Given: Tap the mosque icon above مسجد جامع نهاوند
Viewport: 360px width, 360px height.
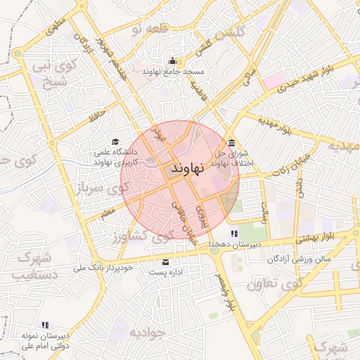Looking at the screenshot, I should coord(172,60).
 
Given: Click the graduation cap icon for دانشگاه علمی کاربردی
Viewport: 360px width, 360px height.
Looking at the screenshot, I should coord(115,141).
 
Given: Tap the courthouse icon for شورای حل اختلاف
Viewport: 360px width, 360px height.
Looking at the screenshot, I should coord(231,143).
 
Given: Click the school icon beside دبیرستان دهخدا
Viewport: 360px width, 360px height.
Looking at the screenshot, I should coord(234,233).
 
